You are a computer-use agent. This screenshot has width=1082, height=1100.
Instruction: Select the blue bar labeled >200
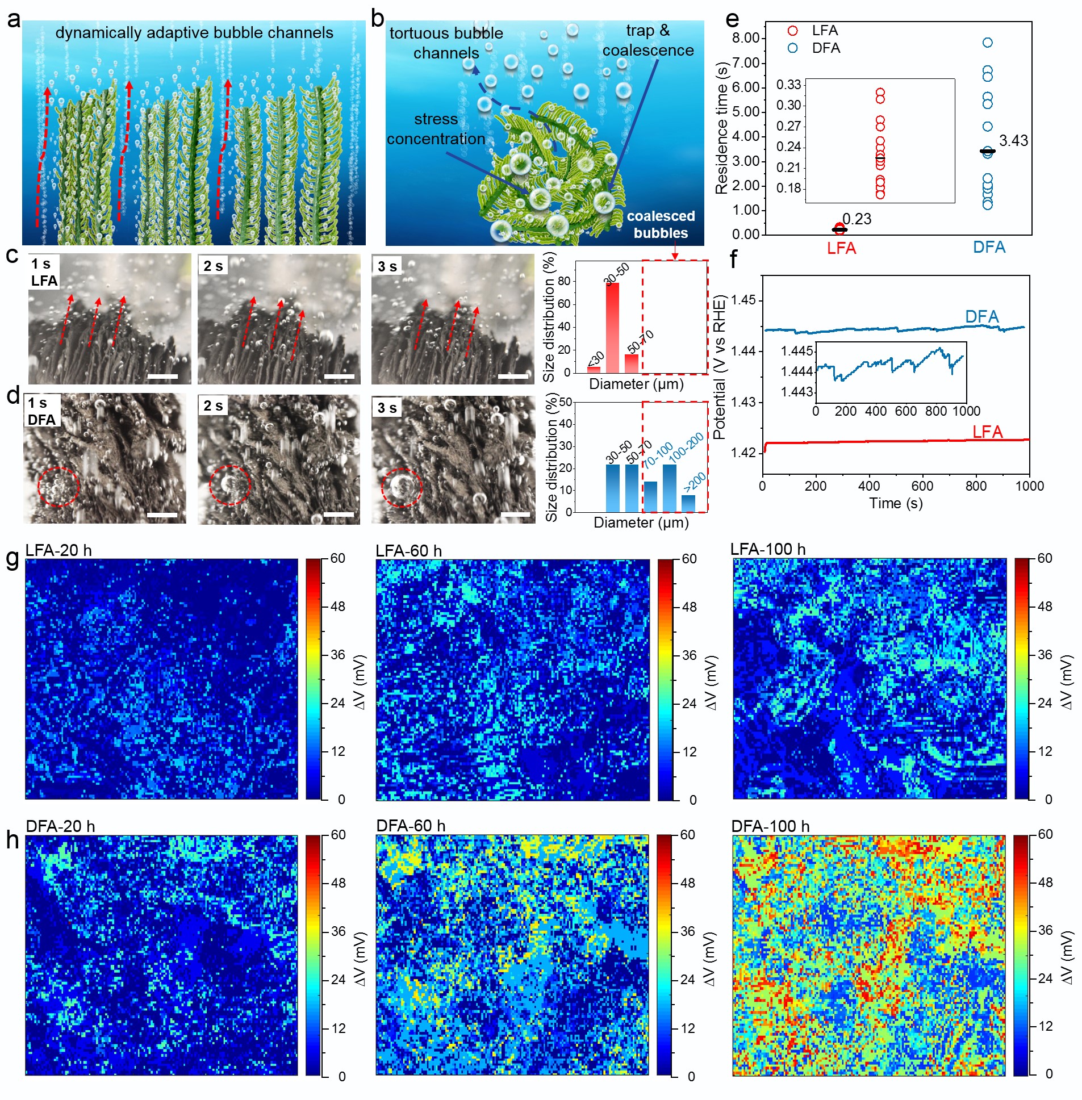688,503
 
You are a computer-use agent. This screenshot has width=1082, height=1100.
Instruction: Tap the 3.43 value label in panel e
1013,141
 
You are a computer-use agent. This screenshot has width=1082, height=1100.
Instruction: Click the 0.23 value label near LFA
857,219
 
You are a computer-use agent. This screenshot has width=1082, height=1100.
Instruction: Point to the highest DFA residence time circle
988,43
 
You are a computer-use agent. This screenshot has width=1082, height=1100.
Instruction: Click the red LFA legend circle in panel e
793,31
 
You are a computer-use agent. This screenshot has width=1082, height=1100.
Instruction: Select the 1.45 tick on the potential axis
744,300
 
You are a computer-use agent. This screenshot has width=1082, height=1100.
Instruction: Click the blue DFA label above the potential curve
981,316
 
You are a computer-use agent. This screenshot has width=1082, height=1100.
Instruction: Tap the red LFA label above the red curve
987,432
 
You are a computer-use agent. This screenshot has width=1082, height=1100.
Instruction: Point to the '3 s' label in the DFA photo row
387,407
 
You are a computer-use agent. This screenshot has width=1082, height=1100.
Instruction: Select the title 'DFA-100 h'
770,826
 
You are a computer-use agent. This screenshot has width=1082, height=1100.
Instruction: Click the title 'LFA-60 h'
408,551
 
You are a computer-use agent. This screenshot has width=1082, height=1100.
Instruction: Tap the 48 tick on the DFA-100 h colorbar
1045,882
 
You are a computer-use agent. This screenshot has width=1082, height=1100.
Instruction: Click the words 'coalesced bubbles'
661,224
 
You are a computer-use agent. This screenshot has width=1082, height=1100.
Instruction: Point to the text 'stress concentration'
436,129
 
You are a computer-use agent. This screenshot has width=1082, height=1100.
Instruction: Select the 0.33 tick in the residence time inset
789,85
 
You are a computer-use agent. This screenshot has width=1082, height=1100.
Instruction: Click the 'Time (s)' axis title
896,503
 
